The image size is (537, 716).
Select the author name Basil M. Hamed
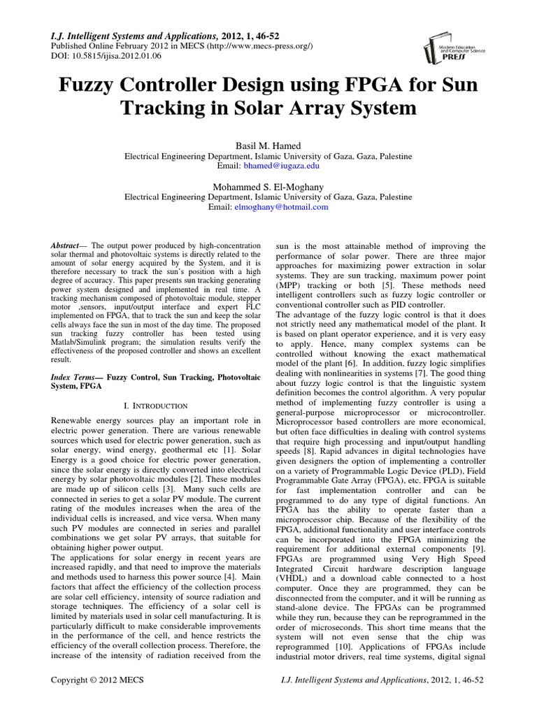(x=268, y=145)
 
